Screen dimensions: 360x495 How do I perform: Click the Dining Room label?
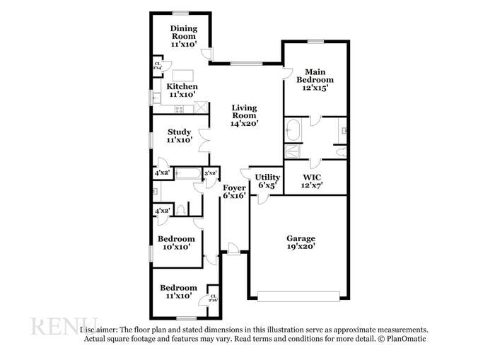[x=184, y=36]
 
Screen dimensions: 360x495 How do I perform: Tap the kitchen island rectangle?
[x=184, y=75]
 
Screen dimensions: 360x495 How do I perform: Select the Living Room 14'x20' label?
[x=244, y=115]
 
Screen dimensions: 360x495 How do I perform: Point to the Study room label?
[x=179, y=136]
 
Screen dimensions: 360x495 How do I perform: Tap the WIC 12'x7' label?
[x=313, y=181]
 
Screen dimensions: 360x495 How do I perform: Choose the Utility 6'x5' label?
[x=267, y=181]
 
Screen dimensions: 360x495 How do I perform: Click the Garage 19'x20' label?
[x=301, y=243]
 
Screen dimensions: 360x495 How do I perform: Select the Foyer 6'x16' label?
[x=235, y=192]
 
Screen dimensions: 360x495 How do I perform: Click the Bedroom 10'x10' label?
[x=176, y=243]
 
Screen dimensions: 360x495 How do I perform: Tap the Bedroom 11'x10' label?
[x=178, y=292]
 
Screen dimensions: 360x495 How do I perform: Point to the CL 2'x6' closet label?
[x=213, y=298]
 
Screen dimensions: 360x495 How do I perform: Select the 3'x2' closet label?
[x=210, y=173]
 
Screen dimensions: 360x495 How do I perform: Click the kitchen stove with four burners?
[x=180, y=108]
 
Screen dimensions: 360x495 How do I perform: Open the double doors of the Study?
[x=204, y=139]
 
